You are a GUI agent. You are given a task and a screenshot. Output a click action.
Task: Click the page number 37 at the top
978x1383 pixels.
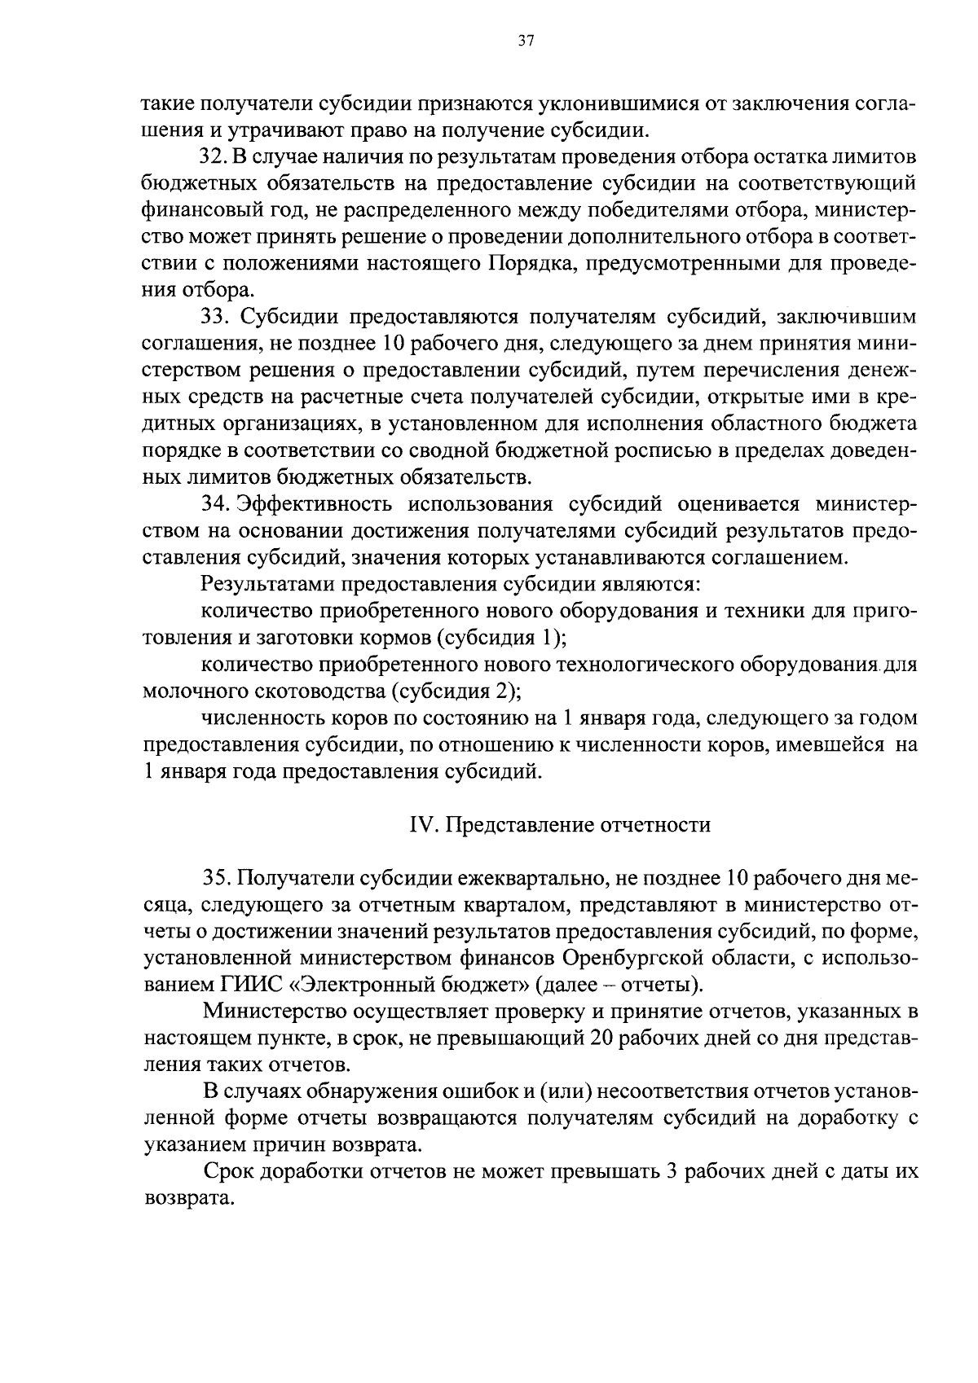pos(525,42)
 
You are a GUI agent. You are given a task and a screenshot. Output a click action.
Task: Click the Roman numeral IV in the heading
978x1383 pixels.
pos(418,825)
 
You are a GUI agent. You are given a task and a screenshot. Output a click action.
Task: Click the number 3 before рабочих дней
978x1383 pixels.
pos(672,1172)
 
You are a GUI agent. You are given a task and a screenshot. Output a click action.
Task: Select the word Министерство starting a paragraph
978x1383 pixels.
pos(271,1012)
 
